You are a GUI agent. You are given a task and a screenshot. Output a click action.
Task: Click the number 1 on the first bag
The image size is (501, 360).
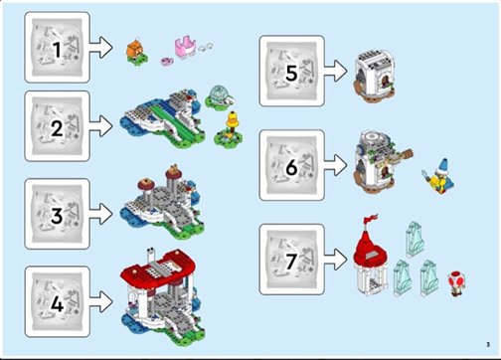[57, 50]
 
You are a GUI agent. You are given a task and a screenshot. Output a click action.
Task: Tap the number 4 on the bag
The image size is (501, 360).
[57, 303]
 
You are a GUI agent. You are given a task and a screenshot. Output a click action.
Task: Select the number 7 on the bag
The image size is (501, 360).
[291, 262]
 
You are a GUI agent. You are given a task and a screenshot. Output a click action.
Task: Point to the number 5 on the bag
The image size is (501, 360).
[291, 73]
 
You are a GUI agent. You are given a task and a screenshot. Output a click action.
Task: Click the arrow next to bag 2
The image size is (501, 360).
[101, 126]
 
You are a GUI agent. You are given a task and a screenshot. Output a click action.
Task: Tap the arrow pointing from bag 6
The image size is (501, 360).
[336, 165]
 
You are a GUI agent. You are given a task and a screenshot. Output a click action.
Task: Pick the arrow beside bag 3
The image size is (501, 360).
[101, 214]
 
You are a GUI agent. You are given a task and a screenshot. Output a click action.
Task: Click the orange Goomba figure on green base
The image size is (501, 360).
[136, 53]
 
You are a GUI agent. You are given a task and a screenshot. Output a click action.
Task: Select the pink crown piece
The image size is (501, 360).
[185, 49]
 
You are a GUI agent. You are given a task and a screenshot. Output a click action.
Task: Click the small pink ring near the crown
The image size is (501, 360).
[166, 61]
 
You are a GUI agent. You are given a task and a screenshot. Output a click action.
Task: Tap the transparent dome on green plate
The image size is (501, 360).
[219, 96]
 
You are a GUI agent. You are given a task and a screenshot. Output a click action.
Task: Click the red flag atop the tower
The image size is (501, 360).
[371, 219]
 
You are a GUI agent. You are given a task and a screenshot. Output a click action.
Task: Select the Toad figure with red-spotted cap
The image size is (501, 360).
[456, 283]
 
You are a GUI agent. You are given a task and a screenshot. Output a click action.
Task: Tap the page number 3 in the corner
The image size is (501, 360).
[488, 344]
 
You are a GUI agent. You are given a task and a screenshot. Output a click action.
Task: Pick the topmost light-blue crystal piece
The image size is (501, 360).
[415, 240]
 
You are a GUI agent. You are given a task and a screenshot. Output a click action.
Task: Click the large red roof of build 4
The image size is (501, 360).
[157, 270]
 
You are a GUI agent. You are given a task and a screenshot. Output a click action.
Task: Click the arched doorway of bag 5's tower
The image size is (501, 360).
[386, 81]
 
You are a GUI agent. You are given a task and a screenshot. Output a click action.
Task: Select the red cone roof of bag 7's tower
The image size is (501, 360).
[370, 247]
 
